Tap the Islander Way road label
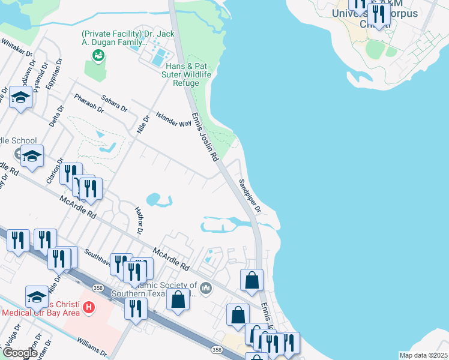(173, 119)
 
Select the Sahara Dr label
(114, 103)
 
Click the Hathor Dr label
(139, 221)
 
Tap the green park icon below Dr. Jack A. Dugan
(98, 56)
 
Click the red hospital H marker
(89, 308)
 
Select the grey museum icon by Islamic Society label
(206, 289)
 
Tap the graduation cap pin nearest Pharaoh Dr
(20, 97)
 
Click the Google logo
(20, 353)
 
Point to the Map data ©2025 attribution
(423, 355)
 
